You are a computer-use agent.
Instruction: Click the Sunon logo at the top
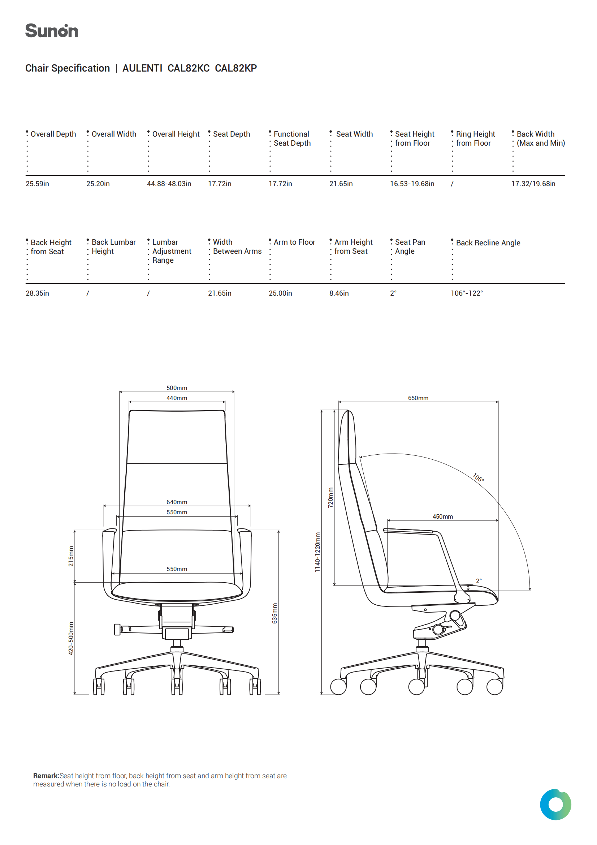(52, 31)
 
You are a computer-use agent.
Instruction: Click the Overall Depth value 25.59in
(37, 184)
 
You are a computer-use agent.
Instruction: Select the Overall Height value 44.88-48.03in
(169, 184)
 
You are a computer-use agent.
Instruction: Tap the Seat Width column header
(354, 134)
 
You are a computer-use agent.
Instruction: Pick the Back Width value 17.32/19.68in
(533, 184)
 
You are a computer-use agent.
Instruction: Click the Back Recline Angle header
(488, 243)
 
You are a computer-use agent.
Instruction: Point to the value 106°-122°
(467, 293)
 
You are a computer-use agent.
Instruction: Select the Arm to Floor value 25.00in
(280, 293)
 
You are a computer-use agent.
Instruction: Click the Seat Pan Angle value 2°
(393, 293)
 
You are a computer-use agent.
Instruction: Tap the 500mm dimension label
(177, 388)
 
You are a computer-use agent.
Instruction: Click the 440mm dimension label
(177, 398)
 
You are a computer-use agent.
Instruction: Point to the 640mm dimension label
(177, 502)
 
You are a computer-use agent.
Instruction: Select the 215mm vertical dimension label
(71, 556)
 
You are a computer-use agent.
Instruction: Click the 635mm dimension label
(274, 613)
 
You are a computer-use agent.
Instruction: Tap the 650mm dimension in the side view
(418, 398)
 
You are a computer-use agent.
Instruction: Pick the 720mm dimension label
(330, 498)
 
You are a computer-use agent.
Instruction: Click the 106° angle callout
(478, 477)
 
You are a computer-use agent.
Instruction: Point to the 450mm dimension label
(442, 516)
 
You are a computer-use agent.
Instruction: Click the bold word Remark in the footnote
(46, 776)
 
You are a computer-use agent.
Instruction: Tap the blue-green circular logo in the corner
(555, 805)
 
